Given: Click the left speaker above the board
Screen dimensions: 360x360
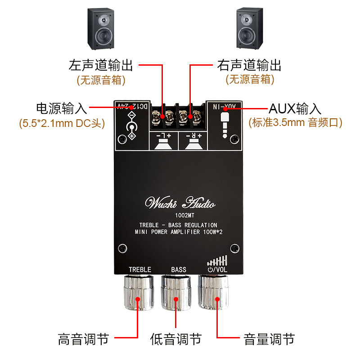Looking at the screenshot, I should [100, 29].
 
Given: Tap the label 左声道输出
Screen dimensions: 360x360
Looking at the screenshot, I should [101, 66].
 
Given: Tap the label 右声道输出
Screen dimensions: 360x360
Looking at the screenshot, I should [249, 66].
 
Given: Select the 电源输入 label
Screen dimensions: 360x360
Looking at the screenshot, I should [61, 108].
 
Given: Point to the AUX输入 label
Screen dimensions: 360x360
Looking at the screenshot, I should [295, 108].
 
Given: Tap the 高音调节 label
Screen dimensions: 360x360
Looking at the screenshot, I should [84, 339].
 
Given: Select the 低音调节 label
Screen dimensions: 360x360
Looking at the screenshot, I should [176, 339].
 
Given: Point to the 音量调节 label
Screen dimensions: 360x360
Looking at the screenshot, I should [269, 339].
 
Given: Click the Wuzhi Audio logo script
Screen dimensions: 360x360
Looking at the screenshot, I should [180, 203].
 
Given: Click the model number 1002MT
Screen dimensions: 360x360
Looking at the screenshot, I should [180, 216].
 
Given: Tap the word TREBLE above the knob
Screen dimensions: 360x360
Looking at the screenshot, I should [140, 270].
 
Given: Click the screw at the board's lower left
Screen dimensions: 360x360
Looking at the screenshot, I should [121, 248].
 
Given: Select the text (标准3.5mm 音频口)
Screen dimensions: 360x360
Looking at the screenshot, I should [295, 122].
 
